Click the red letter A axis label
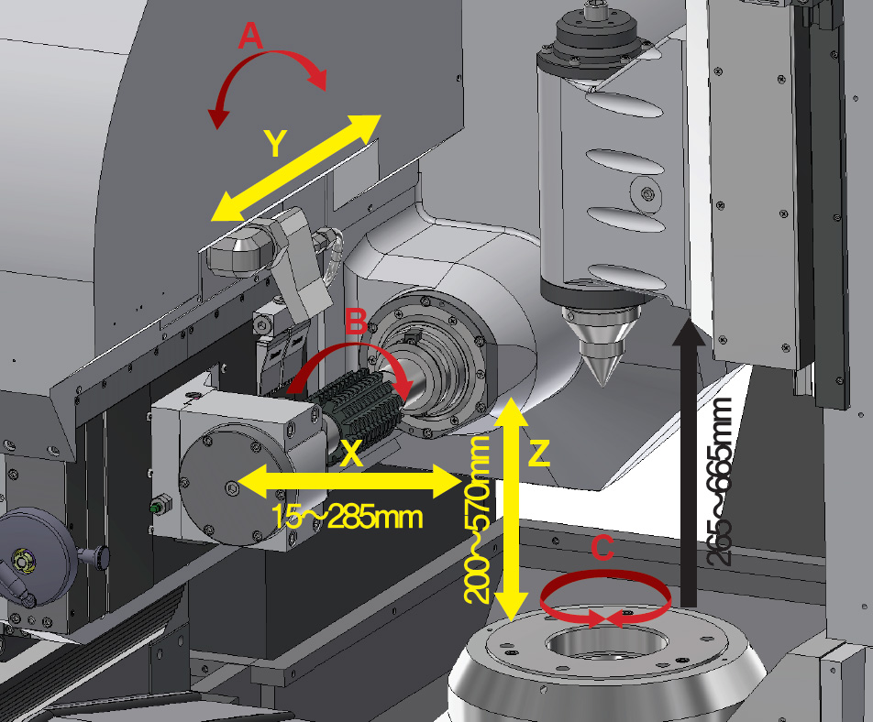(x=250, y=36)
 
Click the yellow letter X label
(x=351, y=453)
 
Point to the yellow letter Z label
(x=538, y=453)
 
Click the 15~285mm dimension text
(x=348, y=518)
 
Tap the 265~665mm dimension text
(x=720, y=482)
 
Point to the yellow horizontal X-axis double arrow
(x=348, y=482)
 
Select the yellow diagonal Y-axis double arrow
(x=295, y=168)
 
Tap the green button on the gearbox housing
(x=157, y=508)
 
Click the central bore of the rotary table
(x=607, y=645)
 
